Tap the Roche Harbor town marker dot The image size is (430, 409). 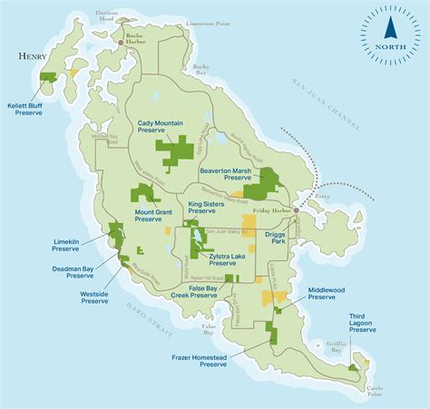[x=122, y=43]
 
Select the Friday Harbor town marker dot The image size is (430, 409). [x=297, y=208]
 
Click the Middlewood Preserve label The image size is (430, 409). [x=333, y=294]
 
